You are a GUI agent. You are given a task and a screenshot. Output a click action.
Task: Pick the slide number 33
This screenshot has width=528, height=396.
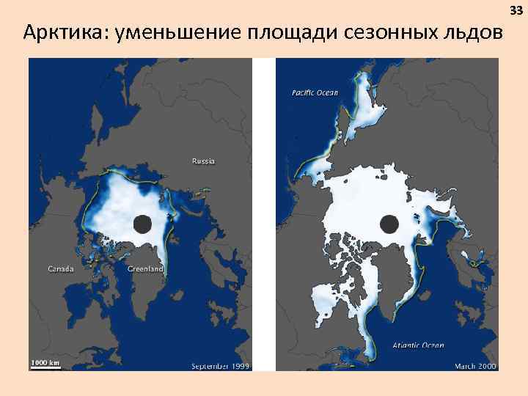pos(516,10)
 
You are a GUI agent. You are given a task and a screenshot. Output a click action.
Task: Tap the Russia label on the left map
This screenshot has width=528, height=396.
pos(203,161)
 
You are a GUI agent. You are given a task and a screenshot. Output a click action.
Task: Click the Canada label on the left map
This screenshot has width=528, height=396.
pos(60,269)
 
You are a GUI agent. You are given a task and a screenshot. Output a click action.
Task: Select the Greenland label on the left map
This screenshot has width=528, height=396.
pos(145,269)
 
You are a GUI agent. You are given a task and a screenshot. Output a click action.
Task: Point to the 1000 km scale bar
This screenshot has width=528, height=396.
pos(45,364)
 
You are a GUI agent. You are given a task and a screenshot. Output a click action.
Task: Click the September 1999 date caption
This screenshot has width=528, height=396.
pos(220,365)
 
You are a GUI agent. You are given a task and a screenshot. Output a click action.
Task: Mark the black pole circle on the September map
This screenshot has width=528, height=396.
pos(142,224)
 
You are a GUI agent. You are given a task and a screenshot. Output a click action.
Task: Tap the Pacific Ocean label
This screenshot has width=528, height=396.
pos(315,92)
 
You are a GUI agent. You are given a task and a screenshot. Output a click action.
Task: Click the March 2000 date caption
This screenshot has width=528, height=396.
pos(475,365)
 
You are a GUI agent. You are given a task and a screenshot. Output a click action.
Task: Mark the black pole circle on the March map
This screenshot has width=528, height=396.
pos(389,223)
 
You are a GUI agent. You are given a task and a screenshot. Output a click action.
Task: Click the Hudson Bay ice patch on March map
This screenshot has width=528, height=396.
pos(327,301)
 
